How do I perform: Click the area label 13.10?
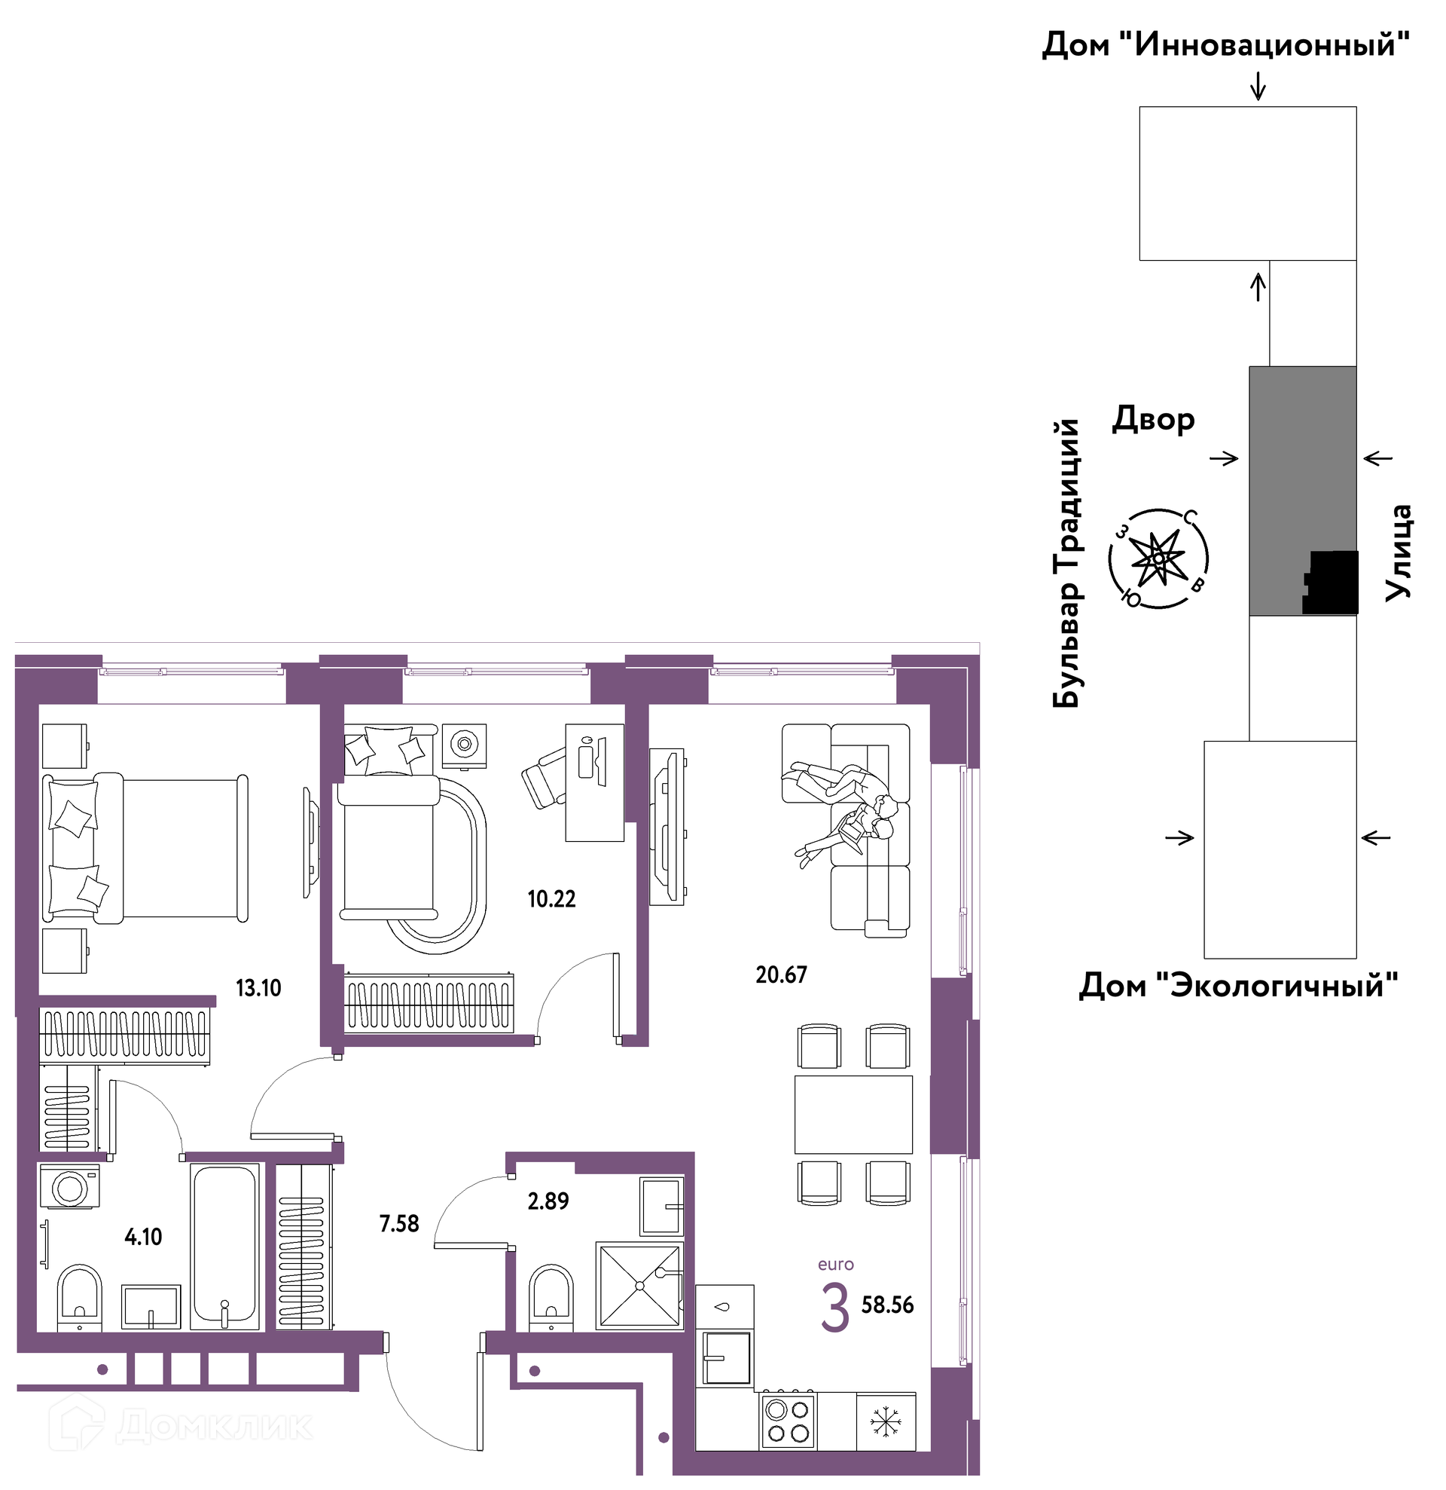258,988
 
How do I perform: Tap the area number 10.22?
551,899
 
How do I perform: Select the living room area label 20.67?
781,974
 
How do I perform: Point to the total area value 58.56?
887,1305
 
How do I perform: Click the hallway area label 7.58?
399,1223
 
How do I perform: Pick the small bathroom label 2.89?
548,1201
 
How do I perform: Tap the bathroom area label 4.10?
143,1237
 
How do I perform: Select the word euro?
836,1265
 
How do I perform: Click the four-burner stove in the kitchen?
787,1421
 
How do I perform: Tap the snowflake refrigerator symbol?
885,1421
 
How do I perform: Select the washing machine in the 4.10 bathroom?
69,1187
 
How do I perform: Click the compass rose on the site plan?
1158,558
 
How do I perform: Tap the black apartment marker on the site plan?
1331,583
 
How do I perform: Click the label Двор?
1154,419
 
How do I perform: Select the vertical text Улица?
1398,552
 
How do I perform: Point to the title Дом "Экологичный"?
1239,985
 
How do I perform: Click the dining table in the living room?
853,1115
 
